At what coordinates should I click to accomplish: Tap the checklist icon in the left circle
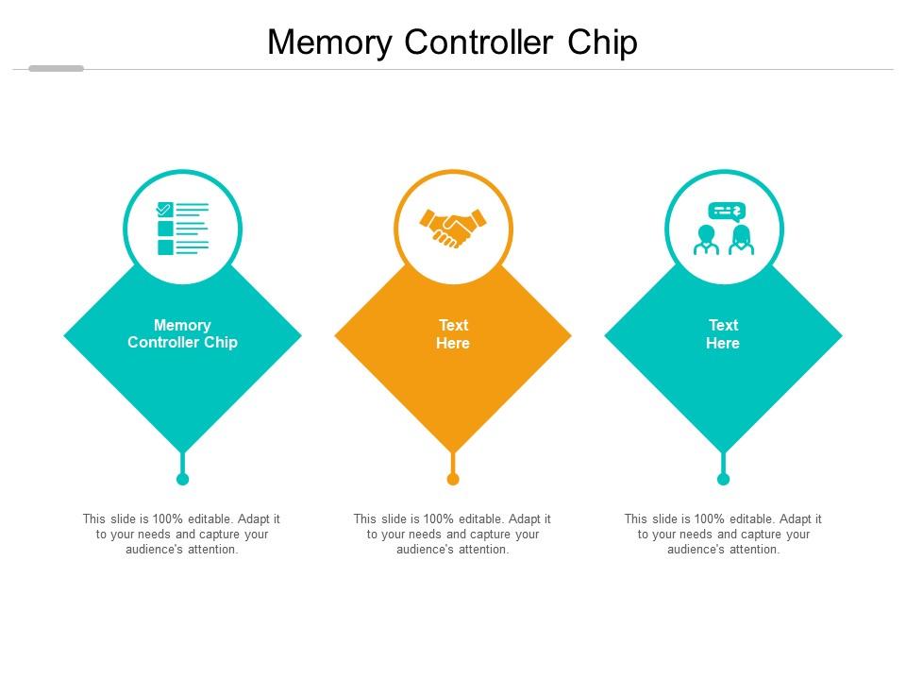click(x=183, y=229)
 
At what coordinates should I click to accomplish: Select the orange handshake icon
click(x=453, y=228)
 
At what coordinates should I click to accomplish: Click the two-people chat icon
click(x=724, y=229)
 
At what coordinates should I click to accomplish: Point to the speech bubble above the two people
click(x=726, y=211)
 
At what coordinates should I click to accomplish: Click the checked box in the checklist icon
click(x=165, y=210)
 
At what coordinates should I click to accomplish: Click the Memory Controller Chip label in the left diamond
click(x=183, y=334)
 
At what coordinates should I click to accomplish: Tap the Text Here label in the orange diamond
click(x=453, y=334)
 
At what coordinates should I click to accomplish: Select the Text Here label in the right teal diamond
click(x=723, y=334)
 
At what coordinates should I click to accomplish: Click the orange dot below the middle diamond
click(x=453, y=479)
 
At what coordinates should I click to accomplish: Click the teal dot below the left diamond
click(x=183, y=479)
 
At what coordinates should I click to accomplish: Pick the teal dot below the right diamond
click(x=723, y=479)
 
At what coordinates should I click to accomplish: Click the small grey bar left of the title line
click(x=56, y=68)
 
